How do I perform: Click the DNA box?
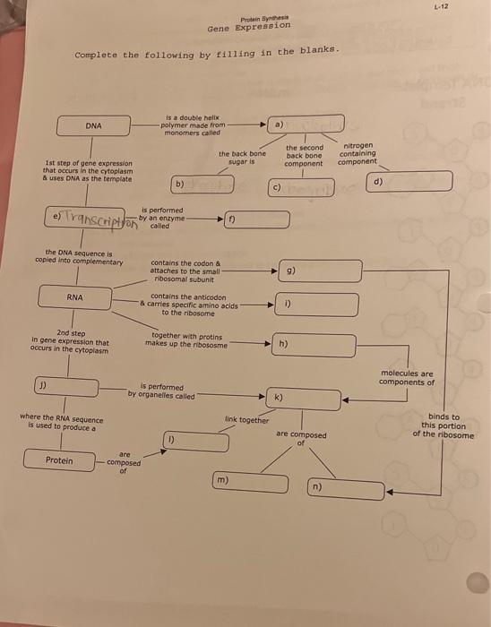tap(93, 125)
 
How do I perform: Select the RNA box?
tap(75, 296)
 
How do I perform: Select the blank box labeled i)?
tap(316, 305)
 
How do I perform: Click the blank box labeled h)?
tap(314, 345)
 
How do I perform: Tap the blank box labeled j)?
tap(67, 387)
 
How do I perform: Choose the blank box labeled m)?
tap(251, 484)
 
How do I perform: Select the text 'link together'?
tap(246, 419)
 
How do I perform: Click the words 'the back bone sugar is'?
tap(242, 159)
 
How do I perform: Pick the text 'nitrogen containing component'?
tap(358, 153)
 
